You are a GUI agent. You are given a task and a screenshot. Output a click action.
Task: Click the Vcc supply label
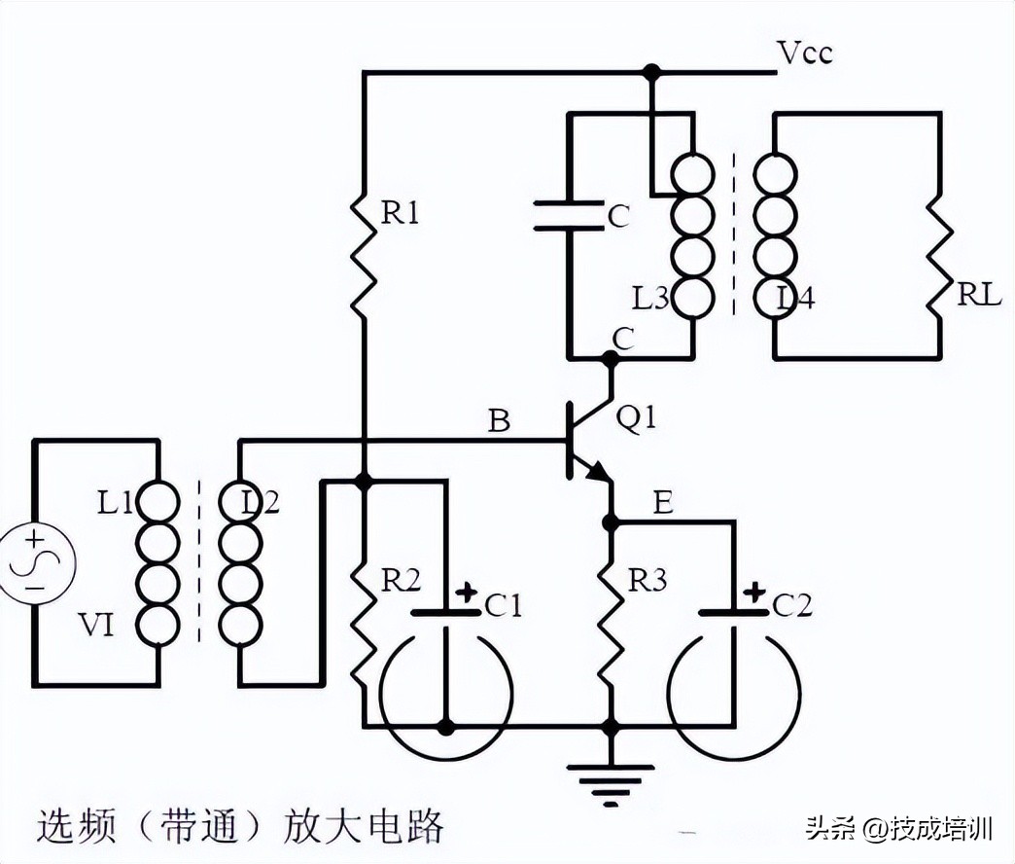(x=805, y=53)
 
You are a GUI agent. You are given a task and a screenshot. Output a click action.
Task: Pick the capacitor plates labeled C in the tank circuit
(x=569, y=216)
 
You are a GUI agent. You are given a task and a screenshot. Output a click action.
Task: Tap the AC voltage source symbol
(x=35, y=563)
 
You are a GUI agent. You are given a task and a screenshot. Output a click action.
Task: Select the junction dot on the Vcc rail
(x=652, y=72)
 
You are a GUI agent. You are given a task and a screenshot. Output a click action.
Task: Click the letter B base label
(x=499, y=421)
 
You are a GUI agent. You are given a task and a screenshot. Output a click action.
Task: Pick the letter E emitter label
(x=663, y=503)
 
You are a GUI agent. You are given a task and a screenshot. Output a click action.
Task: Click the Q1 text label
(x=637, y=419)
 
